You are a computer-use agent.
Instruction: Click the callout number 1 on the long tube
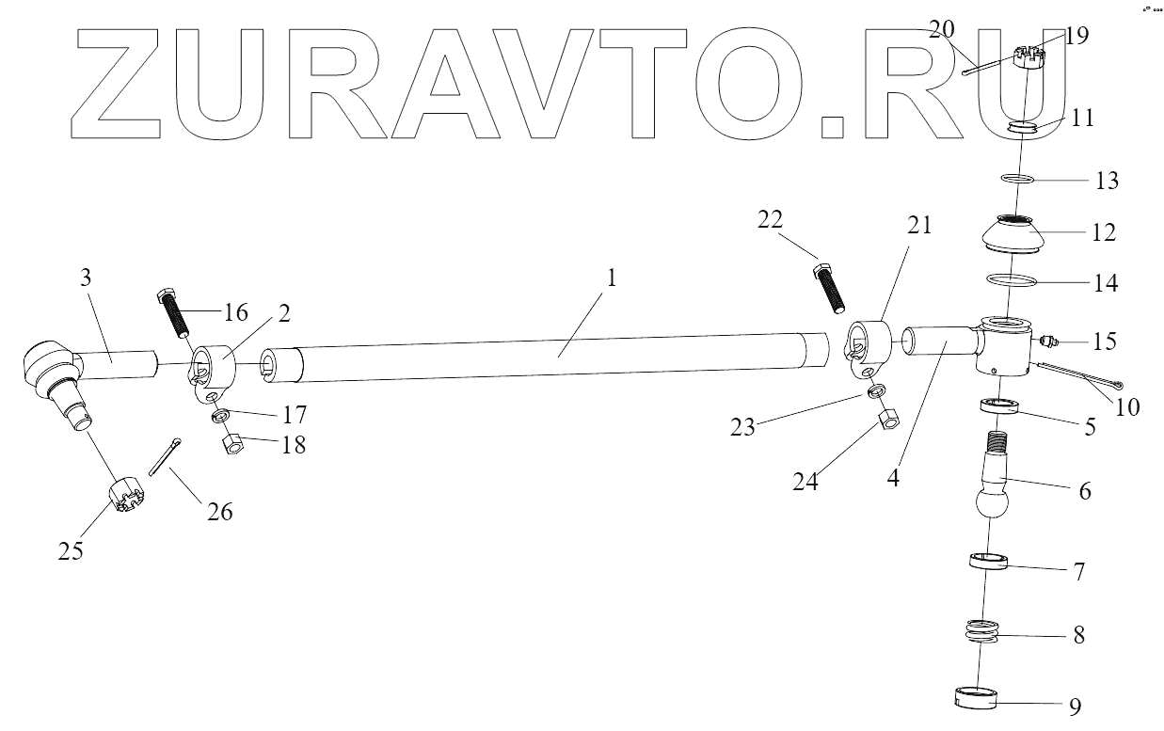[x=614, y=280]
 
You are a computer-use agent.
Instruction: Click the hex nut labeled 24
[x=889, y=421]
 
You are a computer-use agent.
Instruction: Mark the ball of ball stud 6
[x=990, y=501]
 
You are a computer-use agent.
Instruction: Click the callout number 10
[x=1126, y=406]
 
